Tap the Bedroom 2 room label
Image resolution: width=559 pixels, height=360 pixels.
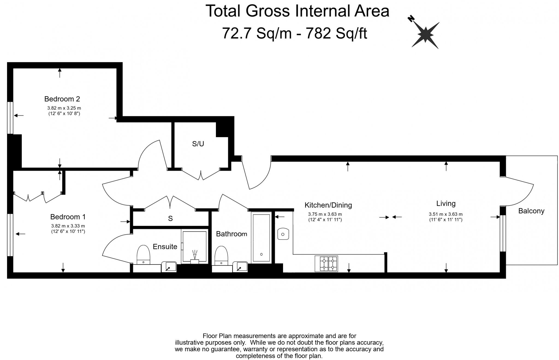click(x=62, y=99)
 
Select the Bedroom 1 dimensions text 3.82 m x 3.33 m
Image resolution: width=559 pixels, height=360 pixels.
click(x=68, y=226)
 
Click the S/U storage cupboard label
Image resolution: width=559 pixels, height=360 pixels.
click(x=198, y=144)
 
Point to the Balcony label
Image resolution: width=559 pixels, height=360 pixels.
click(x=531, y=211)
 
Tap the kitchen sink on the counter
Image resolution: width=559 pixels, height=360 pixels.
click(x=283, y=234)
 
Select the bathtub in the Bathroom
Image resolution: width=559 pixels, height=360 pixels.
click(x=261, y=237)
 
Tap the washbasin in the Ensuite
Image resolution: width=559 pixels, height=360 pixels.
click(x=169, y=267)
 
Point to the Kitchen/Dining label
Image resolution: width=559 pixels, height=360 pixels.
click(x=328, y=205)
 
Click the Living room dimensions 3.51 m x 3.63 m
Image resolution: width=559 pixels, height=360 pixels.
click(x=445, y=214)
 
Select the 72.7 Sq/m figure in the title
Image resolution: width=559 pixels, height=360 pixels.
click(x=257, y=33)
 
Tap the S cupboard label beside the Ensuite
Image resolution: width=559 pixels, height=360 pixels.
click(x=170, y=218)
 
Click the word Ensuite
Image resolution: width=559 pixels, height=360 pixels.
click(x=165, y=247)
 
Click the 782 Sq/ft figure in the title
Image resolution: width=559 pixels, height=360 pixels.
click(x=336, y=33)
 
